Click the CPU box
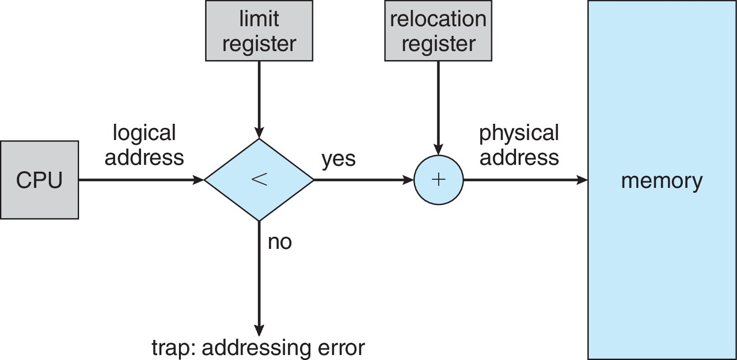(40, 180)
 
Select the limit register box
(259, 31)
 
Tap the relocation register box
(438, 31)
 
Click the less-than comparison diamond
(259, 180)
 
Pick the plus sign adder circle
(438, 180)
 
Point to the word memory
(662, 181)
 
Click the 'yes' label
(339, 159)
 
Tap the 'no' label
(280, 242)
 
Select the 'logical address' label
(144, 145)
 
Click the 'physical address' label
(519, 145)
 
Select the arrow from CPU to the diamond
(142, 180)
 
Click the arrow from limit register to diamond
(259, 100)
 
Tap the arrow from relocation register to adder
(438, 108)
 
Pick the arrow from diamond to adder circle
(363, 180)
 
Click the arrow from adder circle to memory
(526, 180)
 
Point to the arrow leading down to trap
(259, 278)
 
